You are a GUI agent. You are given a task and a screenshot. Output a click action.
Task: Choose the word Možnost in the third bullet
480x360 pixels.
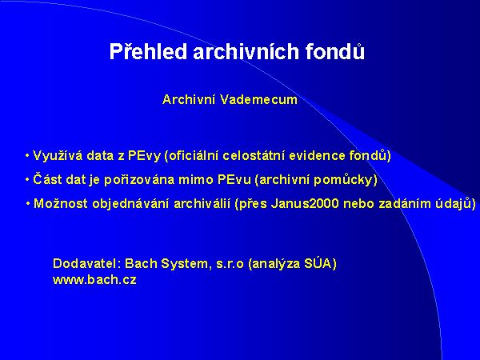[58, 203]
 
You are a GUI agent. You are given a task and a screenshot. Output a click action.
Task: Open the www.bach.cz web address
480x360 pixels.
[94, 280]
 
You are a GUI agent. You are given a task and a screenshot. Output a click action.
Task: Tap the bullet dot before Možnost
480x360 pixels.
[27, 203]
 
